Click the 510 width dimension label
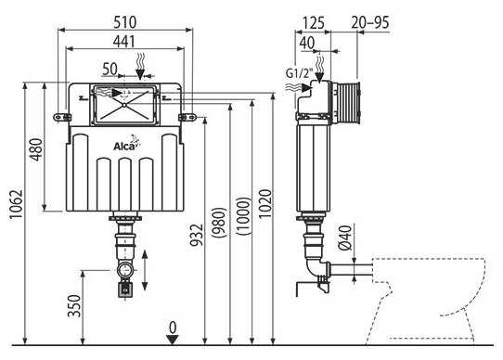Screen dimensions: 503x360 click(x=125, y=22)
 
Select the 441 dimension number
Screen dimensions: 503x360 click(x=124, y=42)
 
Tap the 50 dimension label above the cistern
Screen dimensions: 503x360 click(x=110, y=69)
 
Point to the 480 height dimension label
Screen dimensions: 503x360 click(x=36, y=149)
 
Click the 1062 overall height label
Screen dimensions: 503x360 click(x=17, y=204)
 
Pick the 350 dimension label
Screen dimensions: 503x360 click(x=74, y=306)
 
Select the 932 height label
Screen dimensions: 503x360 click(x=197, y=235)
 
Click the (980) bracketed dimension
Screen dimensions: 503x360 click(x=220, y=223)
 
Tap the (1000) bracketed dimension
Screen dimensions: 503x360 click(x=243, y=216)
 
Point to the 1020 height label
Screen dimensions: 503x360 click(x=265, y=204)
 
